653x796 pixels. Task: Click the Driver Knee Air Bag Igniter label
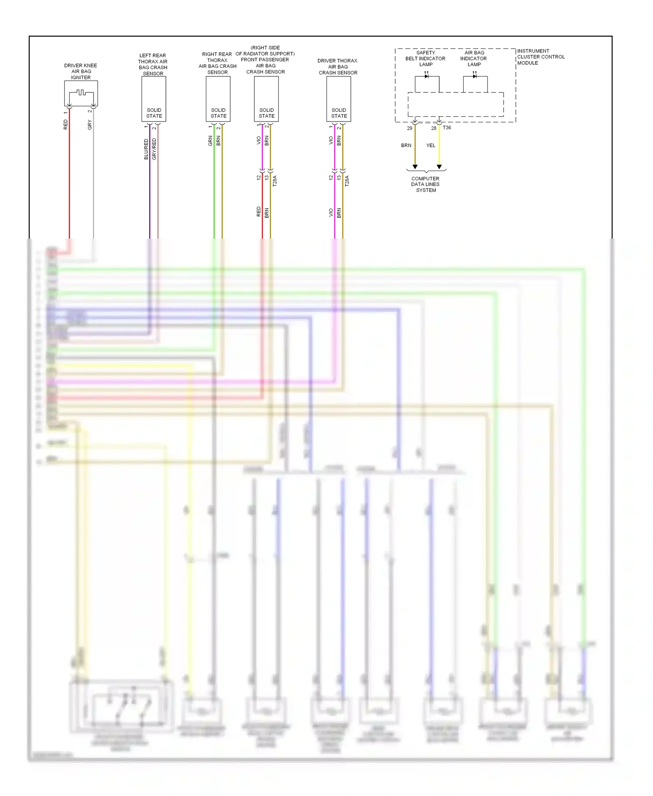pos(81,71)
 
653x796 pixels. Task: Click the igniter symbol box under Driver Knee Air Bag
pos(81,93)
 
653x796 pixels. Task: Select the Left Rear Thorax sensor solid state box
pos(154,99)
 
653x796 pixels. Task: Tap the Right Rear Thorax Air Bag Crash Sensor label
pos(217,63)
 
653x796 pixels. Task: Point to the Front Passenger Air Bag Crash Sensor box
pos(266,99)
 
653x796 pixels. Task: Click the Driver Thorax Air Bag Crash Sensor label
pos(338,67)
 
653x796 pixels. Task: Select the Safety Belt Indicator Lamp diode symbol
pos(427,77)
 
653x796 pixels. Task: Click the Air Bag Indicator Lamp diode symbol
pos(475,77)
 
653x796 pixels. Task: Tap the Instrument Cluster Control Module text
pos(540,57)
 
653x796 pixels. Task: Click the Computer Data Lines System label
pos(425,184)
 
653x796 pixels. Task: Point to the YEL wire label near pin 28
pos(431,145)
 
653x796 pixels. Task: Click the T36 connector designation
pos(447,128)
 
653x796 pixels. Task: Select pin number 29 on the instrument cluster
pos(410,128)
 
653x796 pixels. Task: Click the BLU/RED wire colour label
pos(146,149)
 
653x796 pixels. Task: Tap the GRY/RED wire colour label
pos(154,149)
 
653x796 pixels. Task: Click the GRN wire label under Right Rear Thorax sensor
pos(210,140)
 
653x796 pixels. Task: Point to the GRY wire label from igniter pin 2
pos(90,125)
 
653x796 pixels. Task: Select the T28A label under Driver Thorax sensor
pos(347,181)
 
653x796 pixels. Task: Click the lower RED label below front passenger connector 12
pos(259,212)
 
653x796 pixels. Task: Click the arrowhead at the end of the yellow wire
pos(439,167)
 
